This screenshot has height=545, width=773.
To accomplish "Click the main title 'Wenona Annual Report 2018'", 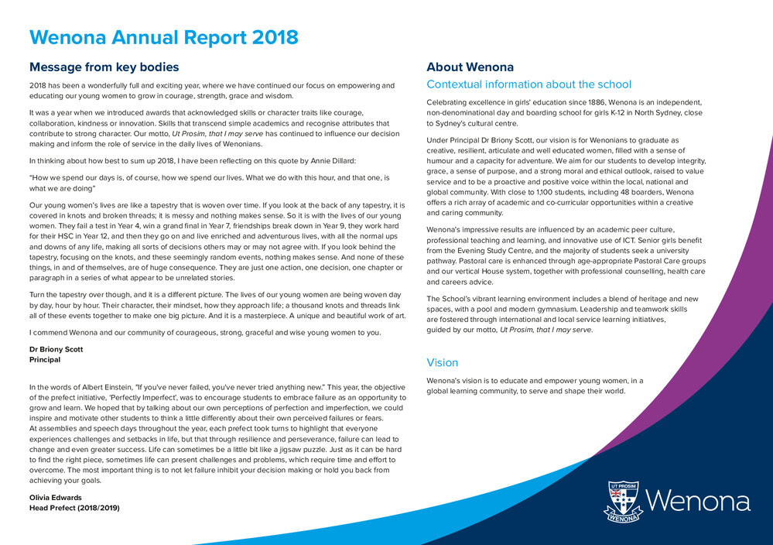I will point(163,37).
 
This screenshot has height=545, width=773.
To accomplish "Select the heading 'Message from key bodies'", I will point(104,67).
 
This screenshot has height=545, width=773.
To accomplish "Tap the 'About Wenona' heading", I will point(470,67).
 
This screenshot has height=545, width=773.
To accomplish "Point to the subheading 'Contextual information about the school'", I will point(528,84).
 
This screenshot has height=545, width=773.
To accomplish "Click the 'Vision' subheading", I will point(443,362).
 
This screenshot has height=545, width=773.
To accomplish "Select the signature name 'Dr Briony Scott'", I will point(56,349).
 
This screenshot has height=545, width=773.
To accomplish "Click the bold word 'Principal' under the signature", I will point(45,360).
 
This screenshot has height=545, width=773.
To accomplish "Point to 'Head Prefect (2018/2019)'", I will point(74,508).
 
